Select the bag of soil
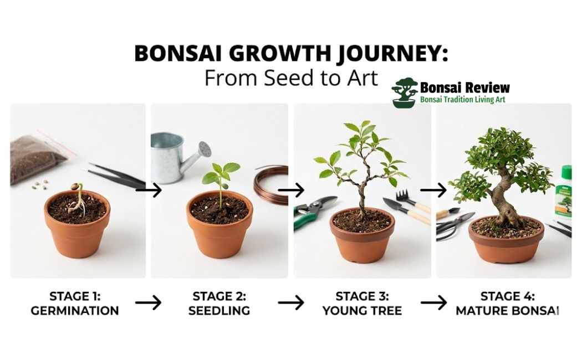(37, 157)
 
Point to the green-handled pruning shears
(313, 213)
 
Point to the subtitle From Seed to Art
(290, 78)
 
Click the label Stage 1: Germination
(74, 303)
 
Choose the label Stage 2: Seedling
(219, 303)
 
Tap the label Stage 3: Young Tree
(362, 303)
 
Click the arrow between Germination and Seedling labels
(148, 302)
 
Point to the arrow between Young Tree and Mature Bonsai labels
(433, 302)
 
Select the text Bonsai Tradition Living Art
(462, 100)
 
